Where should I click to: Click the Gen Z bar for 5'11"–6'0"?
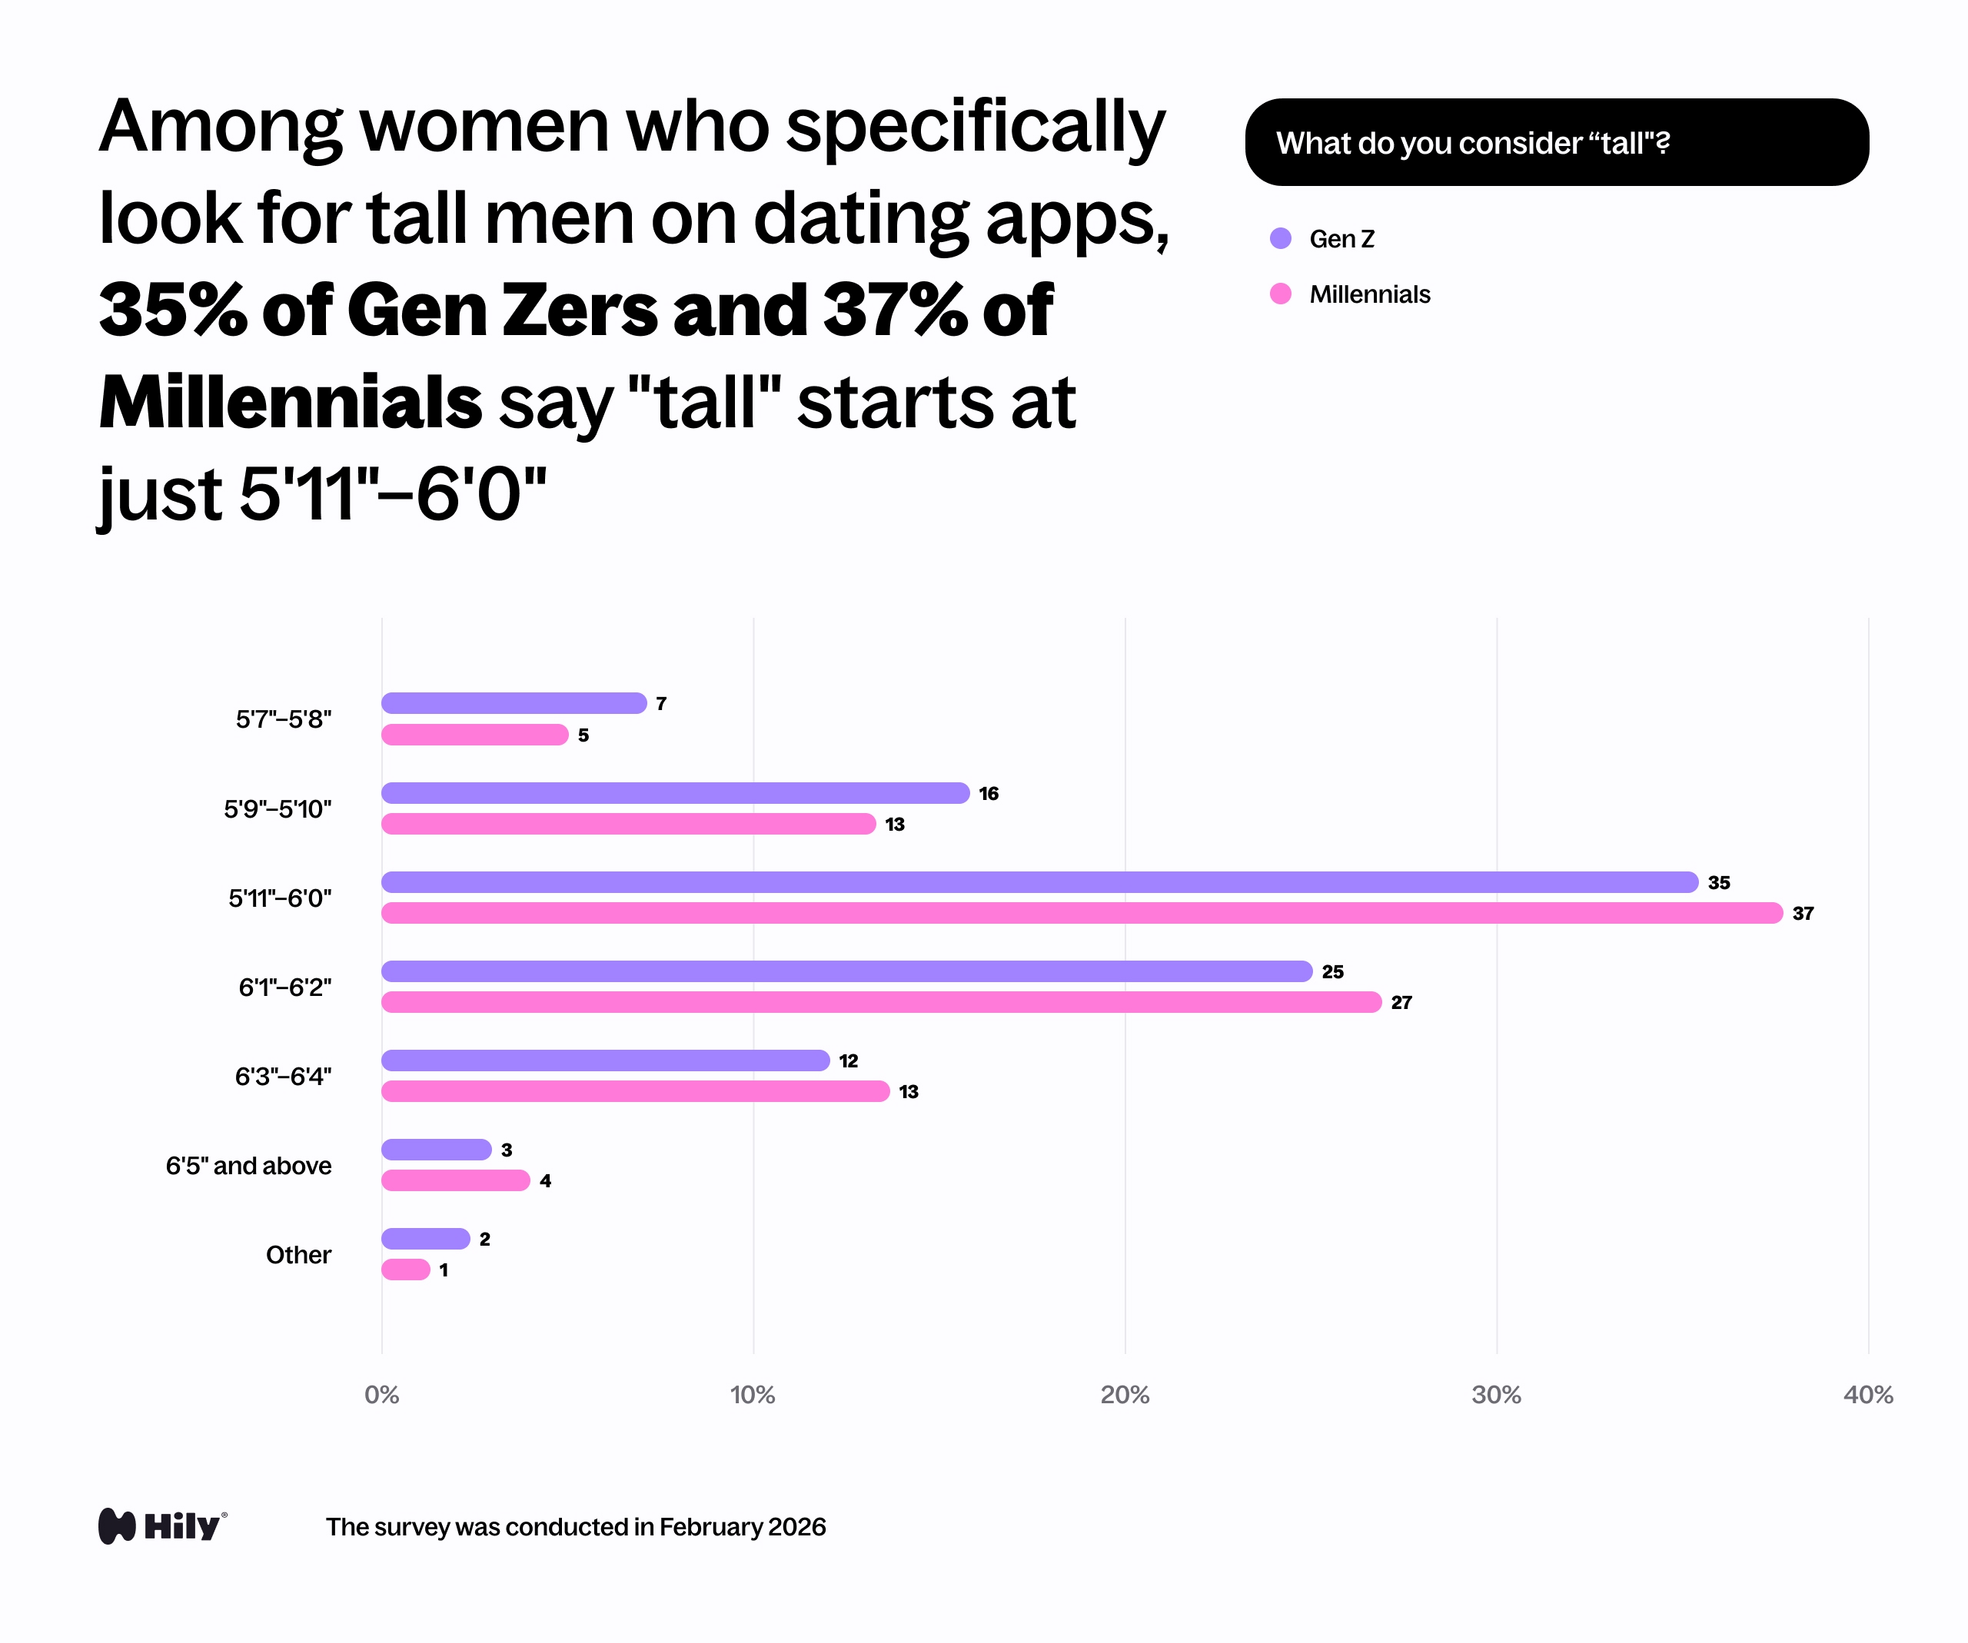click(x=1039, y=881)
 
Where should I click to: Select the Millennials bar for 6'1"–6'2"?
click(x=881, y=1002)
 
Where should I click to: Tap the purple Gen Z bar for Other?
click(x=425, y=1238)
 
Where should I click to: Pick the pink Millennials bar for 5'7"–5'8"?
click(x=474, y=735)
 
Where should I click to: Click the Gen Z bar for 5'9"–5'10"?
click(x=675, y=792)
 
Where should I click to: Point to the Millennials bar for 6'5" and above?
click(x=455, y=1180)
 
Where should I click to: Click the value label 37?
click(x=1802, y=913)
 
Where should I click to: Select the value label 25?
click(x=1331, y=971)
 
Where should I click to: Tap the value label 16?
click(x=988, y=793)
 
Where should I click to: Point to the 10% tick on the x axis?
click(x=753, y=1395)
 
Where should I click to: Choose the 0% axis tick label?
click(x=381, y=1395)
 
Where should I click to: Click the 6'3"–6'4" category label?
click(x=283, y=1077)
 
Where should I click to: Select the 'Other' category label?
click(x=298, y=1254)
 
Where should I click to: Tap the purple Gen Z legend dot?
click(x=1280, y=239)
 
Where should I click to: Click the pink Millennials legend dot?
click(x=1280, y=294)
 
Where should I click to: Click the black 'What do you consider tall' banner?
click(x=1556, y=142)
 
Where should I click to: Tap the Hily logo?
click(x=162, y=1526)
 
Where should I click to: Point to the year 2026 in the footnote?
click(x=796, y=1527)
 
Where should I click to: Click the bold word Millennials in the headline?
click(x=291, y=403)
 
